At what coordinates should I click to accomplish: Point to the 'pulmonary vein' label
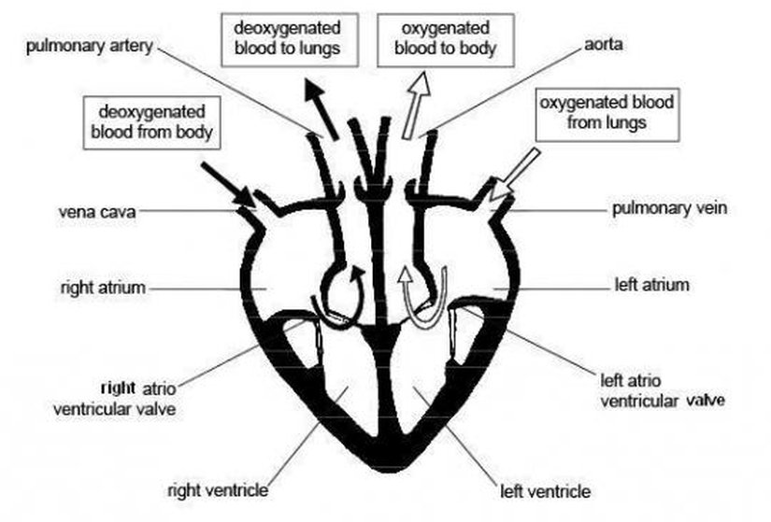tap(668, 208)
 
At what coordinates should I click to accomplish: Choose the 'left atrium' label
tap(652, 284)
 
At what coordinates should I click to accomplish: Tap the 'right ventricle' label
tap(218, 489)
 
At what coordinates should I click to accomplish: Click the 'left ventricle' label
tap(546, 489)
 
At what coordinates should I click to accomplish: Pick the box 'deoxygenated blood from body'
tap(151, 121)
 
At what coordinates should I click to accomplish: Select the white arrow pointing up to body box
tap(416, 106)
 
